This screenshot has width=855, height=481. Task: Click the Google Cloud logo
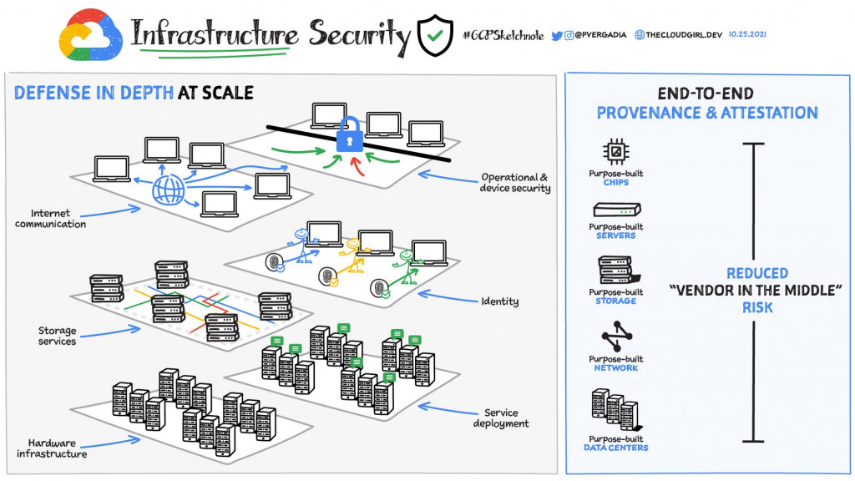(90, 35)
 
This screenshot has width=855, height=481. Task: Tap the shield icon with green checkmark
(435, 35)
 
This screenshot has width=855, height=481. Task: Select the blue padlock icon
(350, 134)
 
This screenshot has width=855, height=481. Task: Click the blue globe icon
(169, 190)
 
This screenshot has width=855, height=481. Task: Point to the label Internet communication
(50, 218)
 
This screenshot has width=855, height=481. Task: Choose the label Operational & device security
(514, 183)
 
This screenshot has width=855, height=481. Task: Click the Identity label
(499, 301)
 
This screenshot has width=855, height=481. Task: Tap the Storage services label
(58, 336)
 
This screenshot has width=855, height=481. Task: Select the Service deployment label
(501, 418)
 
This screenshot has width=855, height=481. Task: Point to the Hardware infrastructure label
(52, 448)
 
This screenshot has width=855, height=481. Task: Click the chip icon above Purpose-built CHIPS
(615, 151)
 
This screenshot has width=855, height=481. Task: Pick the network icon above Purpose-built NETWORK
(617, 337)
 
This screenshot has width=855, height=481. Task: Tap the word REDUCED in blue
(756, 273)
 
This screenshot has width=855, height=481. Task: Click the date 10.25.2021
(747, 33)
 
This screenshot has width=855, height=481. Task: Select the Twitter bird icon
(557, 36)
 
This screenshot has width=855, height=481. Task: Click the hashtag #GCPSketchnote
(503, 35)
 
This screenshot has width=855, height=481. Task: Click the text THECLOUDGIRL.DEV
(684, 35)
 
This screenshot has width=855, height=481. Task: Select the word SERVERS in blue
(615, 235)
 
